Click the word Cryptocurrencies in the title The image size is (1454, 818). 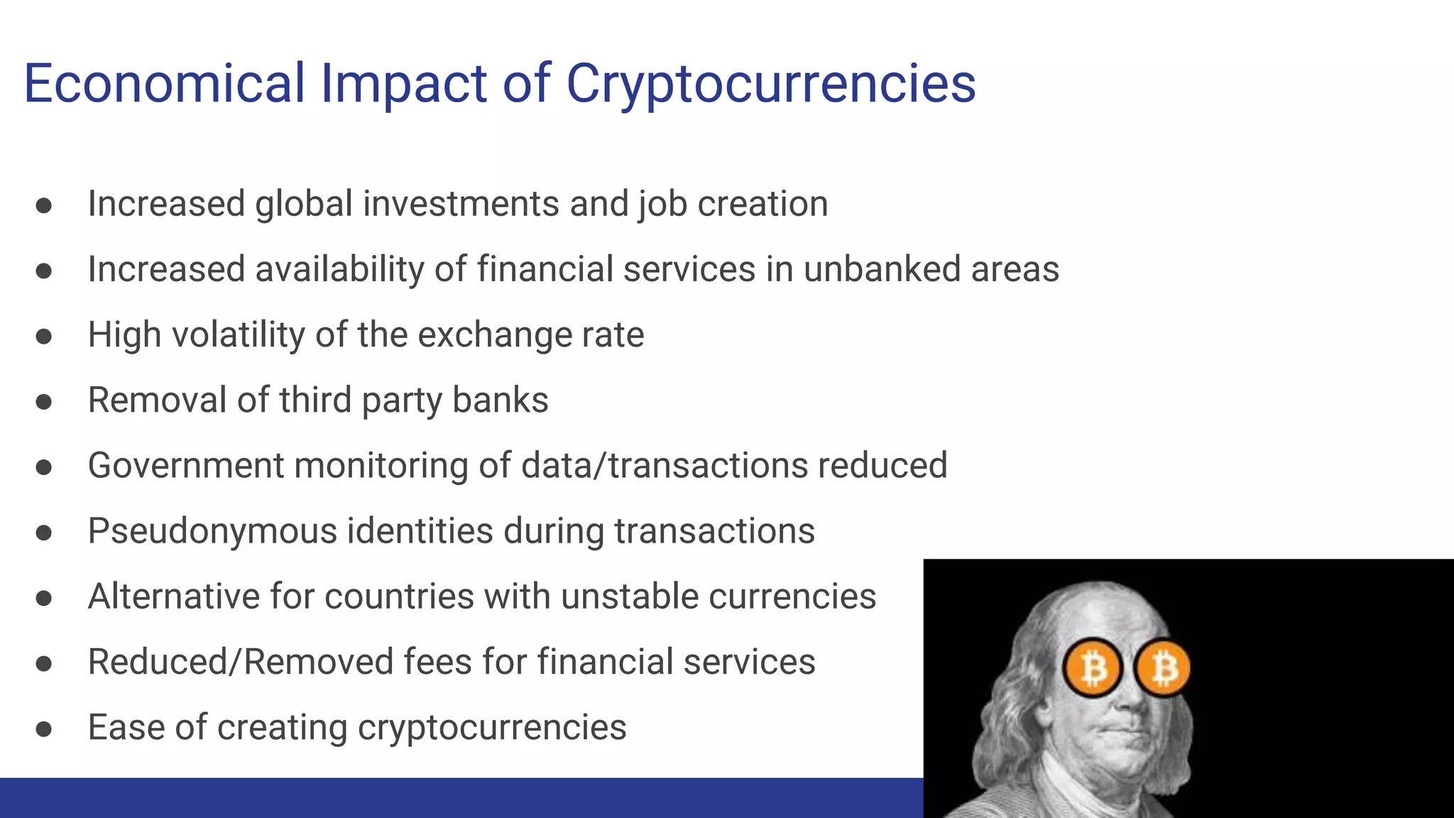pos(770,84)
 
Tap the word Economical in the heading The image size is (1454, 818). pos(164,84)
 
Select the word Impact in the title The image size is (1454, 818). pos(403,84)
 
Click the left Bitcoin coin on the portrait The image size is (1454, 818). pos(1092,668)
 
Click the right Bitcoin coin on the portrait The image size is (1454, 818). pos(1163,668)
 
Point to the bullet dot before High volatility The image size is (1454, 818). pos(44,336)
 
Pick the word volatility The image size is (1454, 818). pos(238,335)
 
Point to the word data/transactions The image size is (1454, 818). pos(664,466)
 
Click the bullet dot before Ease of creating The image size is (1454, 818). pos(44,729)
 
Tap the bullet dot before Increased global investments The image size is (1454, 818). pos(44,205)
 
